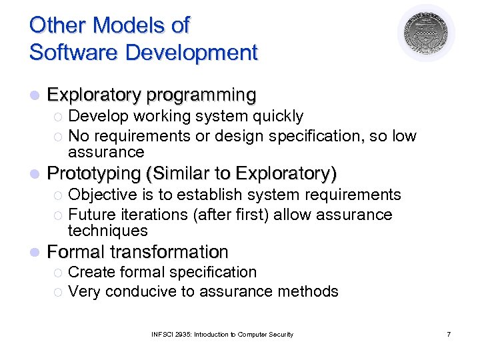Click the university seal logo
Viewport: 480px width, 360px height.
pos(426,33)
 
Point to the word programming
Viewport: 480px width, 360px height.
pos(201,95)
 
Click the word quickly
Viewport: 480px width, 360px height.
pos(275,116)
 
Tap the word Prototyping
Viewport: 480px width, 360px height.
pos(93,174)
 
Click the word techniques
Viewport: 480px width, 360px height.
pos(107,231)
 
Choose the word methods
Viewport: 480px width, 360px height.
pos(311,291)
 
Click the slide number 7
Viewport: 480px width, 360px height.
pos(449,334)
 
